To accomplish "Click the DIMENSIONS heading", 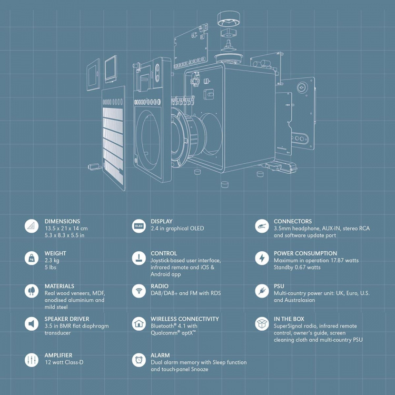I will point(62,221).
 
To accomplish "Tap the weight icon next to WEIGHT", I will point(32,258).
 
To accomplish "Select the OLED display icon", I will point(139,226).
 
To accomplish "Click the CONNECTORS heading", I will point(293,221).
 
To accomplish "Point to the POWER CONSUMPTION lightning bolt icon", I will point(262,258).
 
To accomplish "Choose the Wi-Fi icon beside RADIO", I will point(139,291).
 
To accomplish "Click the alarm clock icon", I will point(139,360).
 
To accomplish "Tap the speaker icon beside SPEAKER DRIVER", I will point(32,323).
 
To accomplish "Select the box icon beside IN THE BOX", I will point(262,323).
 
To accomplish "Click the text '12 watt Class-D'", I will point(64,363).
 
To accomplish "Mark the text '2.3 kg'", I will point(53,260).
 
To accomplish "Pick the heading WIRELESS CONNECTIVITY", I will point(185,319).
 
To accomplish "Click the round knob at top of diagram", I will point(229,17).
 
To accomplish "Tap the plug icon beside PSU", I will point(262,291).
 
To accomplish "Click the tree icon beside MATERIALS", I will point(32,291).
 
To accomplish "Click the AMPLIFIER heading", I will point(58,355).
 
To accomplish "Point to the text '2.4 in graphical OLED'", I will point(177,229).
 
